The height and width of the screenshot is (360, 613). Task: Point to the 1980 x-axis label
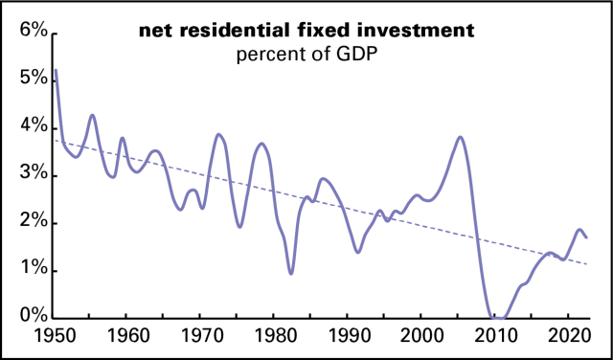coord(273,336)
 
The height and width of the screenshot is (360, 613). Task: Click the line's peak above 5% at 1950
coord(56,70)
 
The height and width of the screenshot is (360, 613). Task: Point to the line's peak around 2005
coord(461,137)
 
